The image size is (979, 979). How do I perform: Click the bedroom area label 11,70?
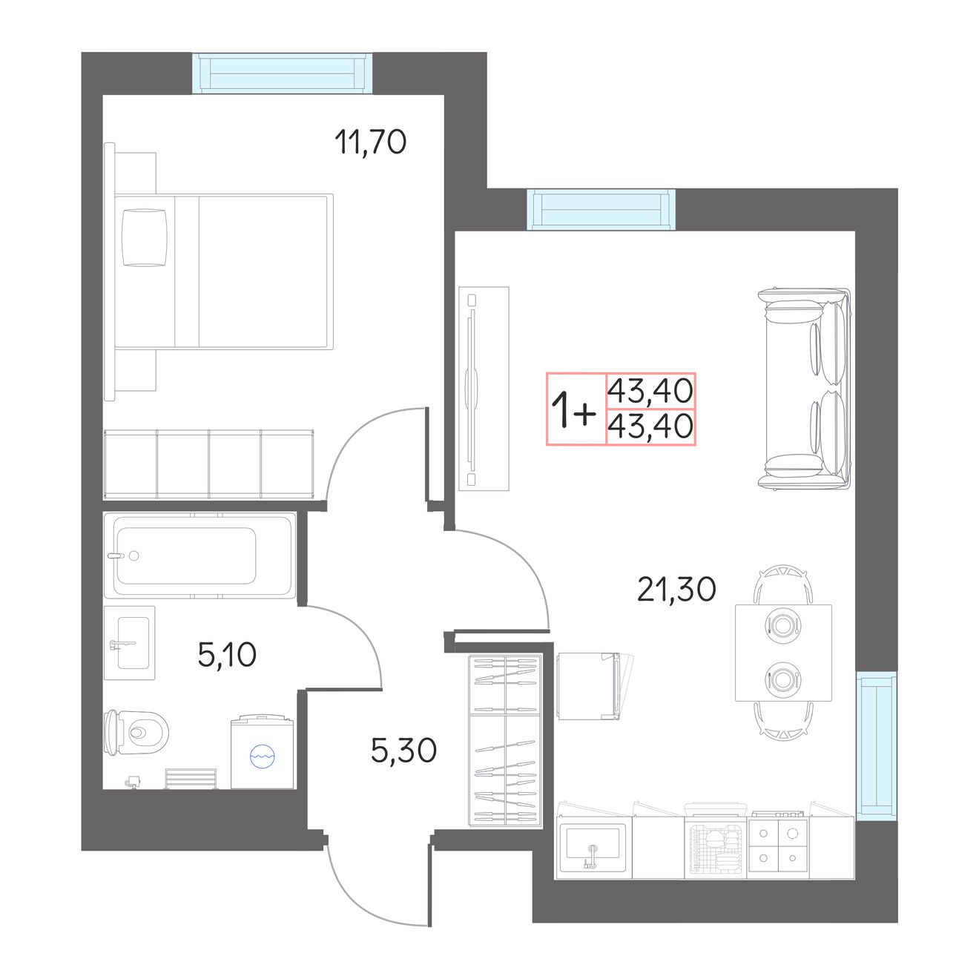[370, 142]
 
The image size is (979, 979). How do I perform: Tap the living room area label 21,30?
[676, 590]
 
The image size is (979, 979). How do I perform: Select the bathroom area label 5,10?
[227, 655]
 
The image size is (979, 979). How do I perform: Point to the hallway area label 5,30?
[404, 751]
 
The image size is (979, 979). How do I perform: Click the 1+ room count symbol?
[573, 409]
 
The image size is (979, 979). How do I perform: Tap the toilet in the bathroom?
[136, 732]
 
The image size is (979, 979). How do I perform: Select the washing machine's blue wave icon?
[263, 756]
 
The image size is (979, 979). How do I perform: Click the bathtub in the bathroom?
[200, 556]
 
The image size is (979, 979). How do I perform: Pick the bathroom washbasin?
[130, 643]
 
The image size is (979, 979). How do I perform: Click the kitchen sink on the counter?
[593, 848]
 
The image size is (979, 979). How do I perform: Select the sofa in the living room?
[805, 389]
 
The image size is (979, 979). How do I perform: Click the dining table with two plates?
[783, 653]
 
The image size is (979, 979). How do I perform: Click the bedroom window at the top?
[282, 73]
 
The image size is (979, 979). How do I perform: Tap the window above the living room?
[601, 209]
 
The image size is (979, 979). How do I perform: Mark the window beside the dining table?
[877, 746]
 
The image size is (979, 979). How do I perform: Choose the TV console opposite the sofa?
[484, 389]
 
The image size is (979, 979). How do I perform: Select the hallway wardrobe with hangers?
[505, 740]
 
